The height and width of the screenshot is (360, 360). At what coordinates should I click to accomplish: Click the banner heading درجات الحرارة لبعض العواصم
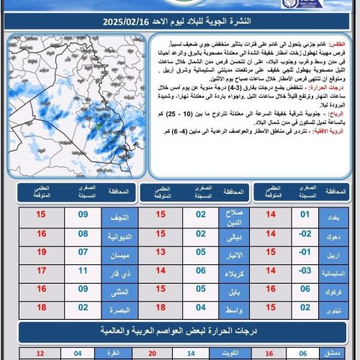[x=180, y=332]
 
